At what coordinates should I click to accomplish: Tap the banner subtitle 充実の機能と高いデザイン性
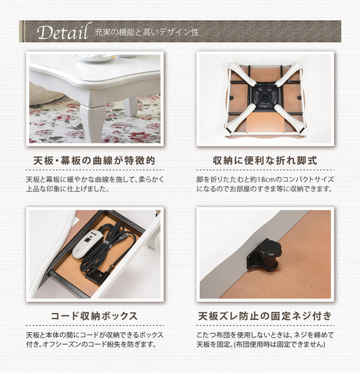pyautogui.click(x=147, y=32)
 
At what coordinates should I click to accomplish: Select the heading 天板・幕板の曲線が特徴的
pyautogui.click(x=94, y=161)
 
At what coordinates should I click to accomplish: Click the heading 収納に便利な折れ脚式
pyautogui.click(x=265, y=161)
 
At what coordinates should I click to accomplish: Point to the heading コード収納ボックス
pyautogui.click(x=94, y=316)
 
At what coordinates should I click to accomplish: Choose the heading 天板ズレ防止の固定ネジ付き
pyautogui.click(x=265, y=316)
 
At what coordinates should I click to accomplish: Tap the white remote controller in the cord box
pyautogui.click(x=88, y=243)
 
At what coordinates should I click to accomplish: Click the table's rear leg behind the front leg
pyautogui.click(x=131, y=107)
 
